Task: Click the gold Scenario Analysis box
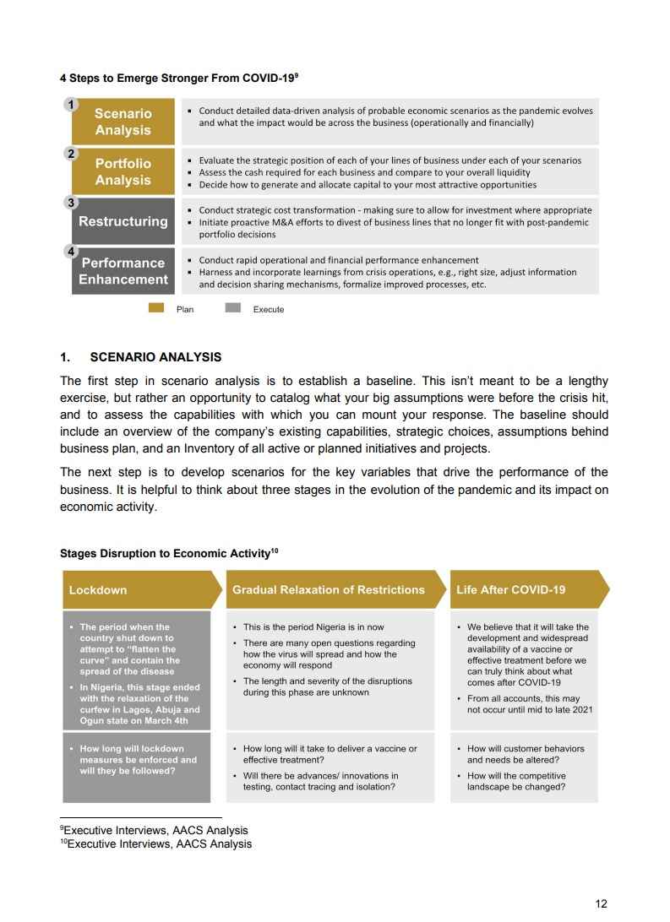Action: point(123,122)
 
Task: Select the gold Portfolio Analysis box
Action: point(123,171)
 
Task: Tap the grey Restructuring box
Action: point(123,221)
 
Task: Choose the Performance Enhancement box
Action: point(123,271)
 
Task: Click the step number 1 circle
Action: point(72,105)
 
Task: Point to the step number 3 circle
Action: point(72,203)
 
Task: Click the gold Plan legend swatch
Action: point(156,308)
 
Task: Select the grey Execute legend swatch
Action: point(233,308)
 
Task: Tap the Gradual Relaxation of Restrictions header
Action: point(330,589)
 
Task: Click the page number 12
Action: point(601,903)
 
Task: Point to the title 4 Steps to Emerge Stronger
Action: point(177,78)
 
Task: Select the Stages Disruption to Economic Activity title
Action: point(167,554)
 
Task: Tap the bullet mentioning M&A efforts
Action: point(393,222)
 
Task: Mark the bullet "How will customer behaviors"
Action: point(525,749)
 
